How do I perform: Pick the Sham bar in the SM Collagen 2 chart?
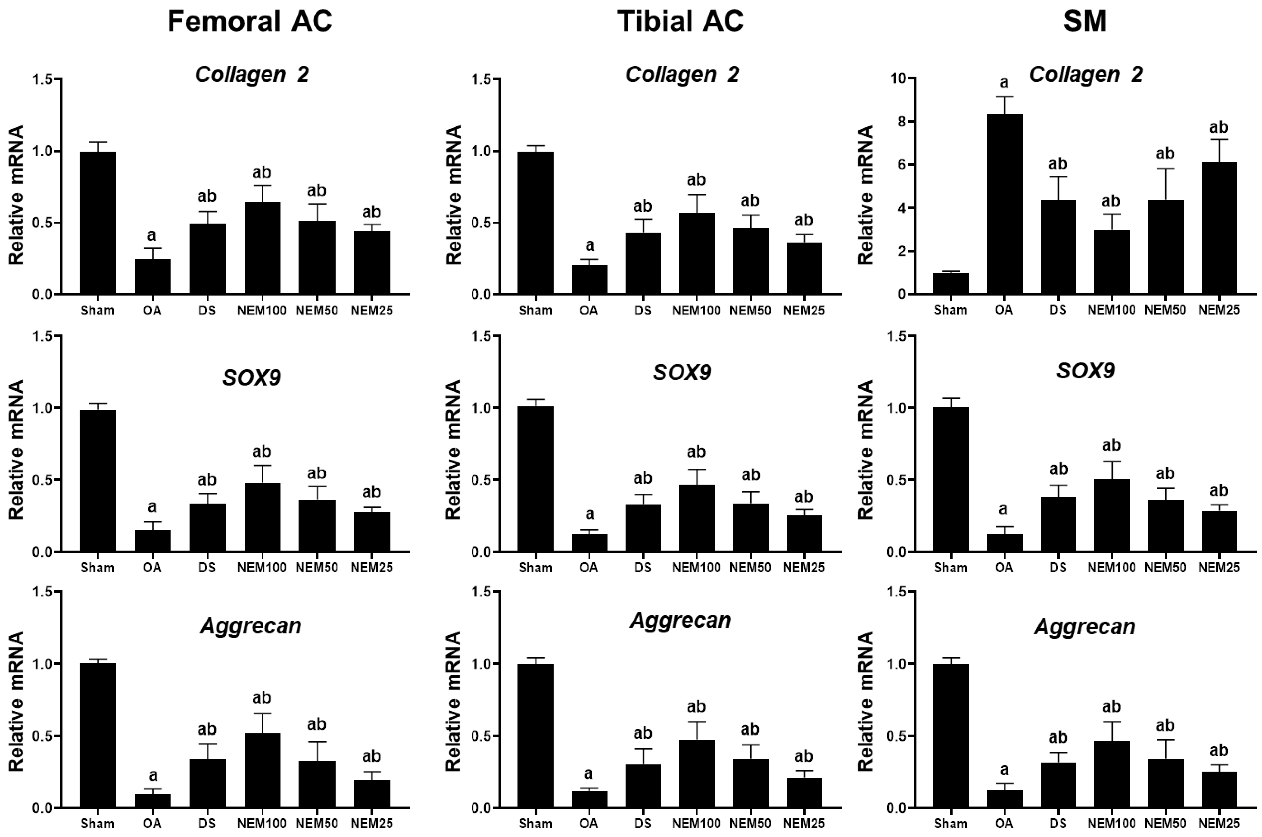(x=951, y=283)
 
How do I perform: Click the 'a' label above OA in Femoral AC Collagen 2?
(x=152, y=235)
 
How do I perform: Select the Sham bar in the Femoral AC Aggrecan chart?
(x=98, y=736)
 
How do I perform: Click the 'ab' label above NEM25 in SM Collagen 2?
(x=1219, y=127)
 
